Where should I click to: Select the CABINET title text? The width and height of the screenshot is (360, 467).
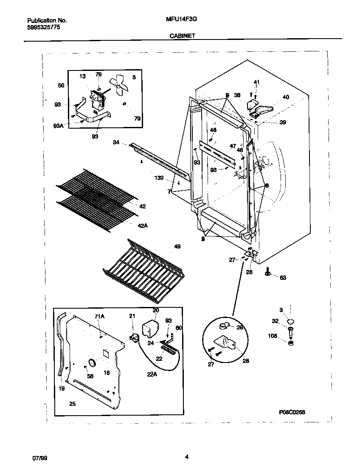pos(182,36)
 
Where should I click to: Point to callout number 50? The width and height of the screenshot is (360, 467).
pos(61,85)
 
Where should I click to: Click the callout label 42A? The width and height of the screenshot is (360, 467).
pos(142,225)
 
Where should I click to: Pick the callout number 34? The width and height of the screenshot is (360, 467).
pos(116,143)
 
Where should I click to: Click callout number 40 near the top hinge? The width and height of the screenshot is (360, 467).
pos(285,97)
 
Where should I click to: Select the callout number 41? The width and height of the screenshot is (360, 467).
pos(256,82)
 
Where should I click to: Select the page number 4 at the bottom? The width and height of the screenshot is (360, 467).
pos(186,457)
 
